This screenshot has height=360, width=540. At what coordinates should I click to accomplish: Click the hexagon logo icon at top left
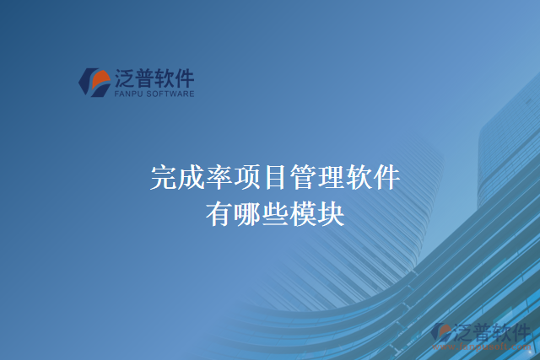point(94,81)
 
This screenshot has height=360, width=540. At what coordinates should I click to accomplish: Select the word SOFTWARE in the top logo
point(171,94)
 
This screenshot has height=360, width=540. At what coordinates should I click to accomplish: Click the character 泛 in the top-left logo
point(125,78)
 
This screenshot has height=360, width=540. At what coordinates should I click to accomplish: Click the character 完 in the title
point(164,178)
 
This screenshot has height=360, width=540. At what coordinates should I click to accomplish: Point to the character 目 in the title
point(275,178)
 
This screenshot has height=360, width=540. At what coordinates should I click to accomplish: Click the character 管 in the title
point(302,178)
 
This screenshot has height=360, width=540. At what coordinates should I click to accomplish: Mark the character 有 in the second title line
point(219,214)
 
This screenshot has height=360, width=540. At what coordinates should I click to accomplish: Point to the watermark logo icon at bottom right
point(441,333)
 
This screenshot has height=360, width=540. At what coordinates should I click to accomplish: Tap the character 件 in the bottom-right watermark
point(521,331)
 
